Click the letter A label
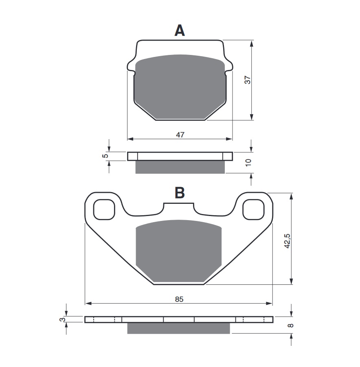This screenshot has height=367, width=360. [x=180, y=31]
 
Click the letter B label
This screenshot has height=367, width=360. [x=180, y=192]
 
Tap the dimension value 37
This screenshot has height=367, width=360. [x=247, y=80]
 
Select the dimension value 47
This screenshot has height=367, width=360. [x=180, y=135]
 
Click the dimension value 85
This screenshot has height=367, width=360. [x=179, y=299]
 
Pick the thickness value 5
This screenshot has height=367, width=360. [x=105, y=156]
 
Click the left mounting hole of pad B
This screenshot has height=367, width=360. [x=104, y=210]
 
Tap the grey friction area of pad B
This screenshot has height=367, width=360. [x=178, y=252]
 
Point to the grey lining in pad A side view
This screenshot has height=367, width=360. [x=180, y=167]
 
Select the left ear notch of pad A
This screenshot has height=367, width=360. [x=131, y=68]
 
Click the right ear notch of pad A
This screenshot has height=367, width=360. [x=229, y=68]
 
